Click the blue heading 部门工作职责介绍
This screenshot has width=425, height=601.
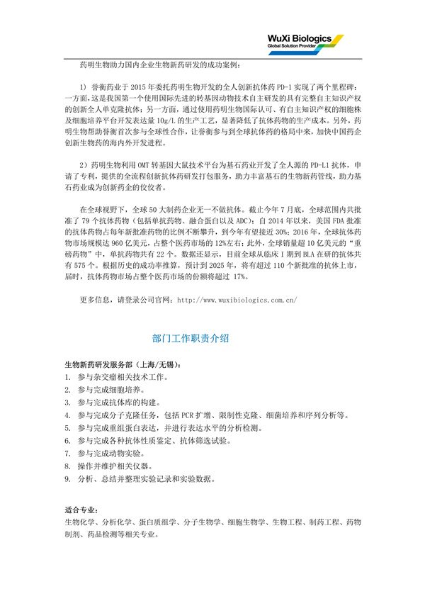tap(190, 338)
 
